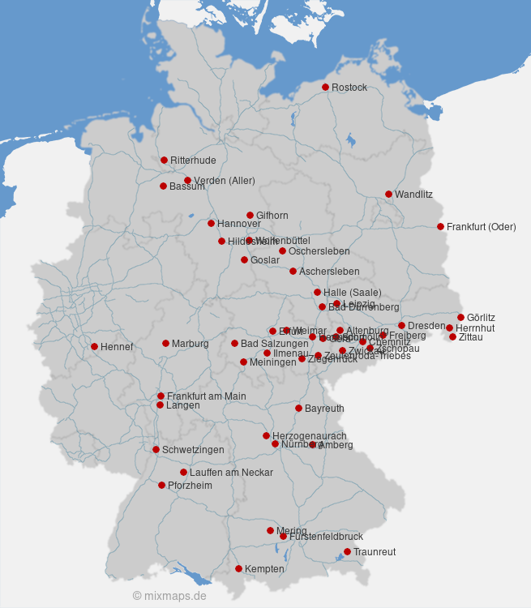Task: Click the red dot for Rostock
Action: point(325,87)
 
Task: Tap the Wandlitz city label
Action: point(413,195)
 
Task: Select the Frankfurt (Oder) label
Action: point(481,227)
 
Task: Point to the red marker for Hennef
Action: point(94,346)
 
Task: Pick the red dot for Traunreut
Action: point(347,551)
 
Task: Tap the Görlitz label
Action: point(481,318)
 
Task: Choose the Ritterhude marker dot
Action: point(164,160)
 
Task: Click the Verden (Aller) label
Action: point(220,181)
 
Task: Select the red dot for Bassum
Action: point(163,186)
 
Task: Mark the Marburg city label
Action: point(190,344)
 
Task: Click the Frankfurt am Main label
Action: point(206,396)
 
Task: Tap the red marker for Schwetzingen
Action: point(156,449)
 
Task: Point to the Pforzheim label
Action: point(190,486)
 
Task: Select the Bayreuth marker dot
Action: point(298,408)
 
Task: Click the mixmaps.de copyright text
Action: point(169,596)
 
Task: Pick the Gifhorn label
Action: point(272,216)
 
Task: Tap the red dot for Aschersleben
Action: point(293,271)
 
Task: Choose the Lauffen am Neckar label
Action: point(231,473)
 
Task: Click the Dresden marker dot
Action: point(401,325)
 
